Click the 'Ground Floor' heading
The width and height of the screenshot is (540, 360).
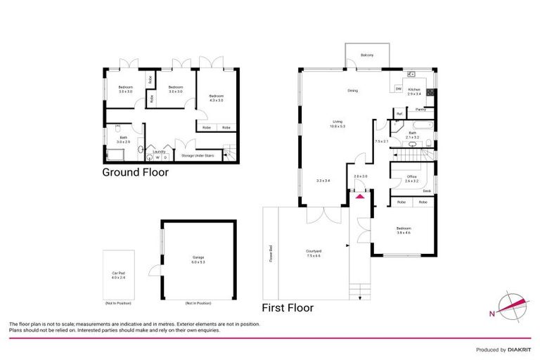pyautogui.click(x=136, y=172)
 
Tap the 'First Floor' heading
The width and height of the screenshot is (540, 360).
pyautogui.click(x=288, y=307)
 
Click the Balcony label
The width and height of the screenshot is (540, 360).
pyautogui.click(x=366, y=55)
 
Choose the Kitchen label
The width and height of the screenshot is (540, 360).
pyautogui.click(x=414, y=89)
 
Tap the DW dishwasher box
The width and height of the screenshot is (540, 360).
pyautogui.click(x=398, y=89)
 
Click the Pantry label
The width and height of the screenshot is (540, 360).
pyautogui.click(x=420, y=109)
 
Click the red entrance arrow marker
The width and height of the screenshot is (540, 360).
pyautogui.click(x=361, y=195)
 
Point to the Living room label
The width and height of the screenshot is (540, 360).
pyautogui.click(x=337, y=124)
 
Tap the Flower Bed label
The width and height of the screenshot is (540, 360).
pyautogui.click(x=270, y=252)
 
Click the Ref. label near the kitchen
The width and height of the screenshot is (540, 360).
pyautogui.click(x=399, y=113)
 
